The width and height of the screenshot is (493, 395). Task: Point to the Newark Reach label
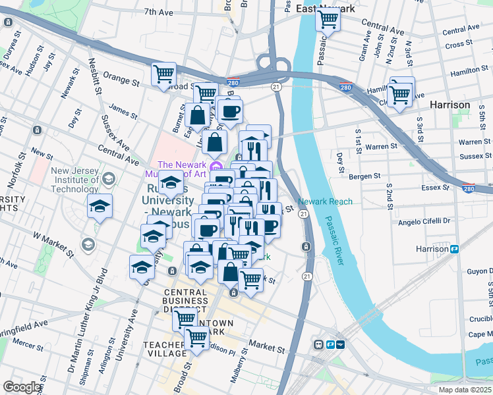325,201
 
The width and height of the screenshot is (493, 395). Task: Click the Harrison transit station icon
454,249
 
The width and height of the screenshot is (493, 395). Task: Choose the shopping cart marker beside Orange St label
163,74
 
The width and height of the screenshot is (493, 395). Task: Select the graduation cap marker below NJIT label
100,206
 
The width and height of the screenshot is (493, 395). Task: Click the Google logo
22,387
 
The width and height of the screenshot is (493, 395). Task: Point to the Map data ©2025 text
465,390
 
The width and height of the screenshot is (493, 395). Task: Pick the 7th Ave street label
158,12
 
